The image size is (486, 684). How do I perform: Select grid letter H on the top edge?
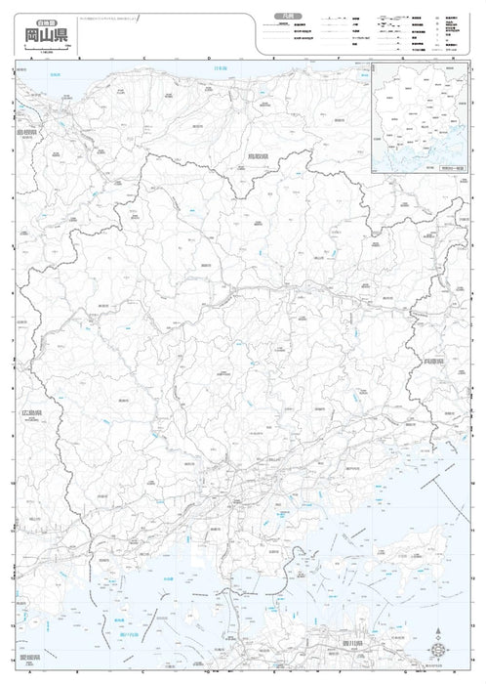tap(452, 61)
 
